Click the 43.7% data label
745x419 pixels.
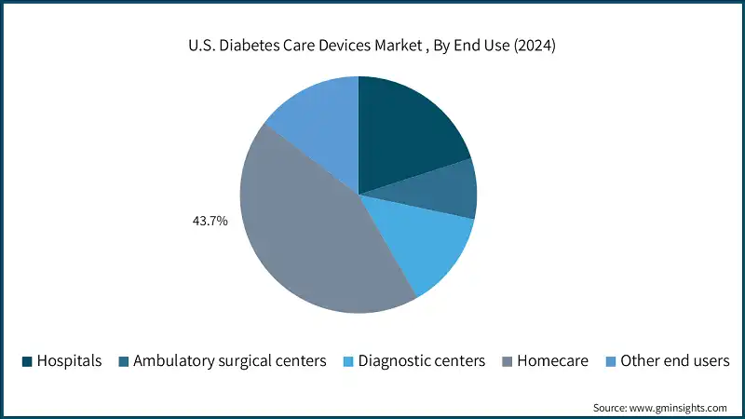coord(210,223)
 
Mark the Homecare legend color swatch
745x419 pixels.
coord(506,361)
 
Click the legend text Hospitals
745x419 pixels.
coord(69,361)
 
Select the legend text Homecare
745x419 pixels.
coord(552,361)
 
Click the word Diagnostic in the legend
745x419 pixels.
coord(395,361)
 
